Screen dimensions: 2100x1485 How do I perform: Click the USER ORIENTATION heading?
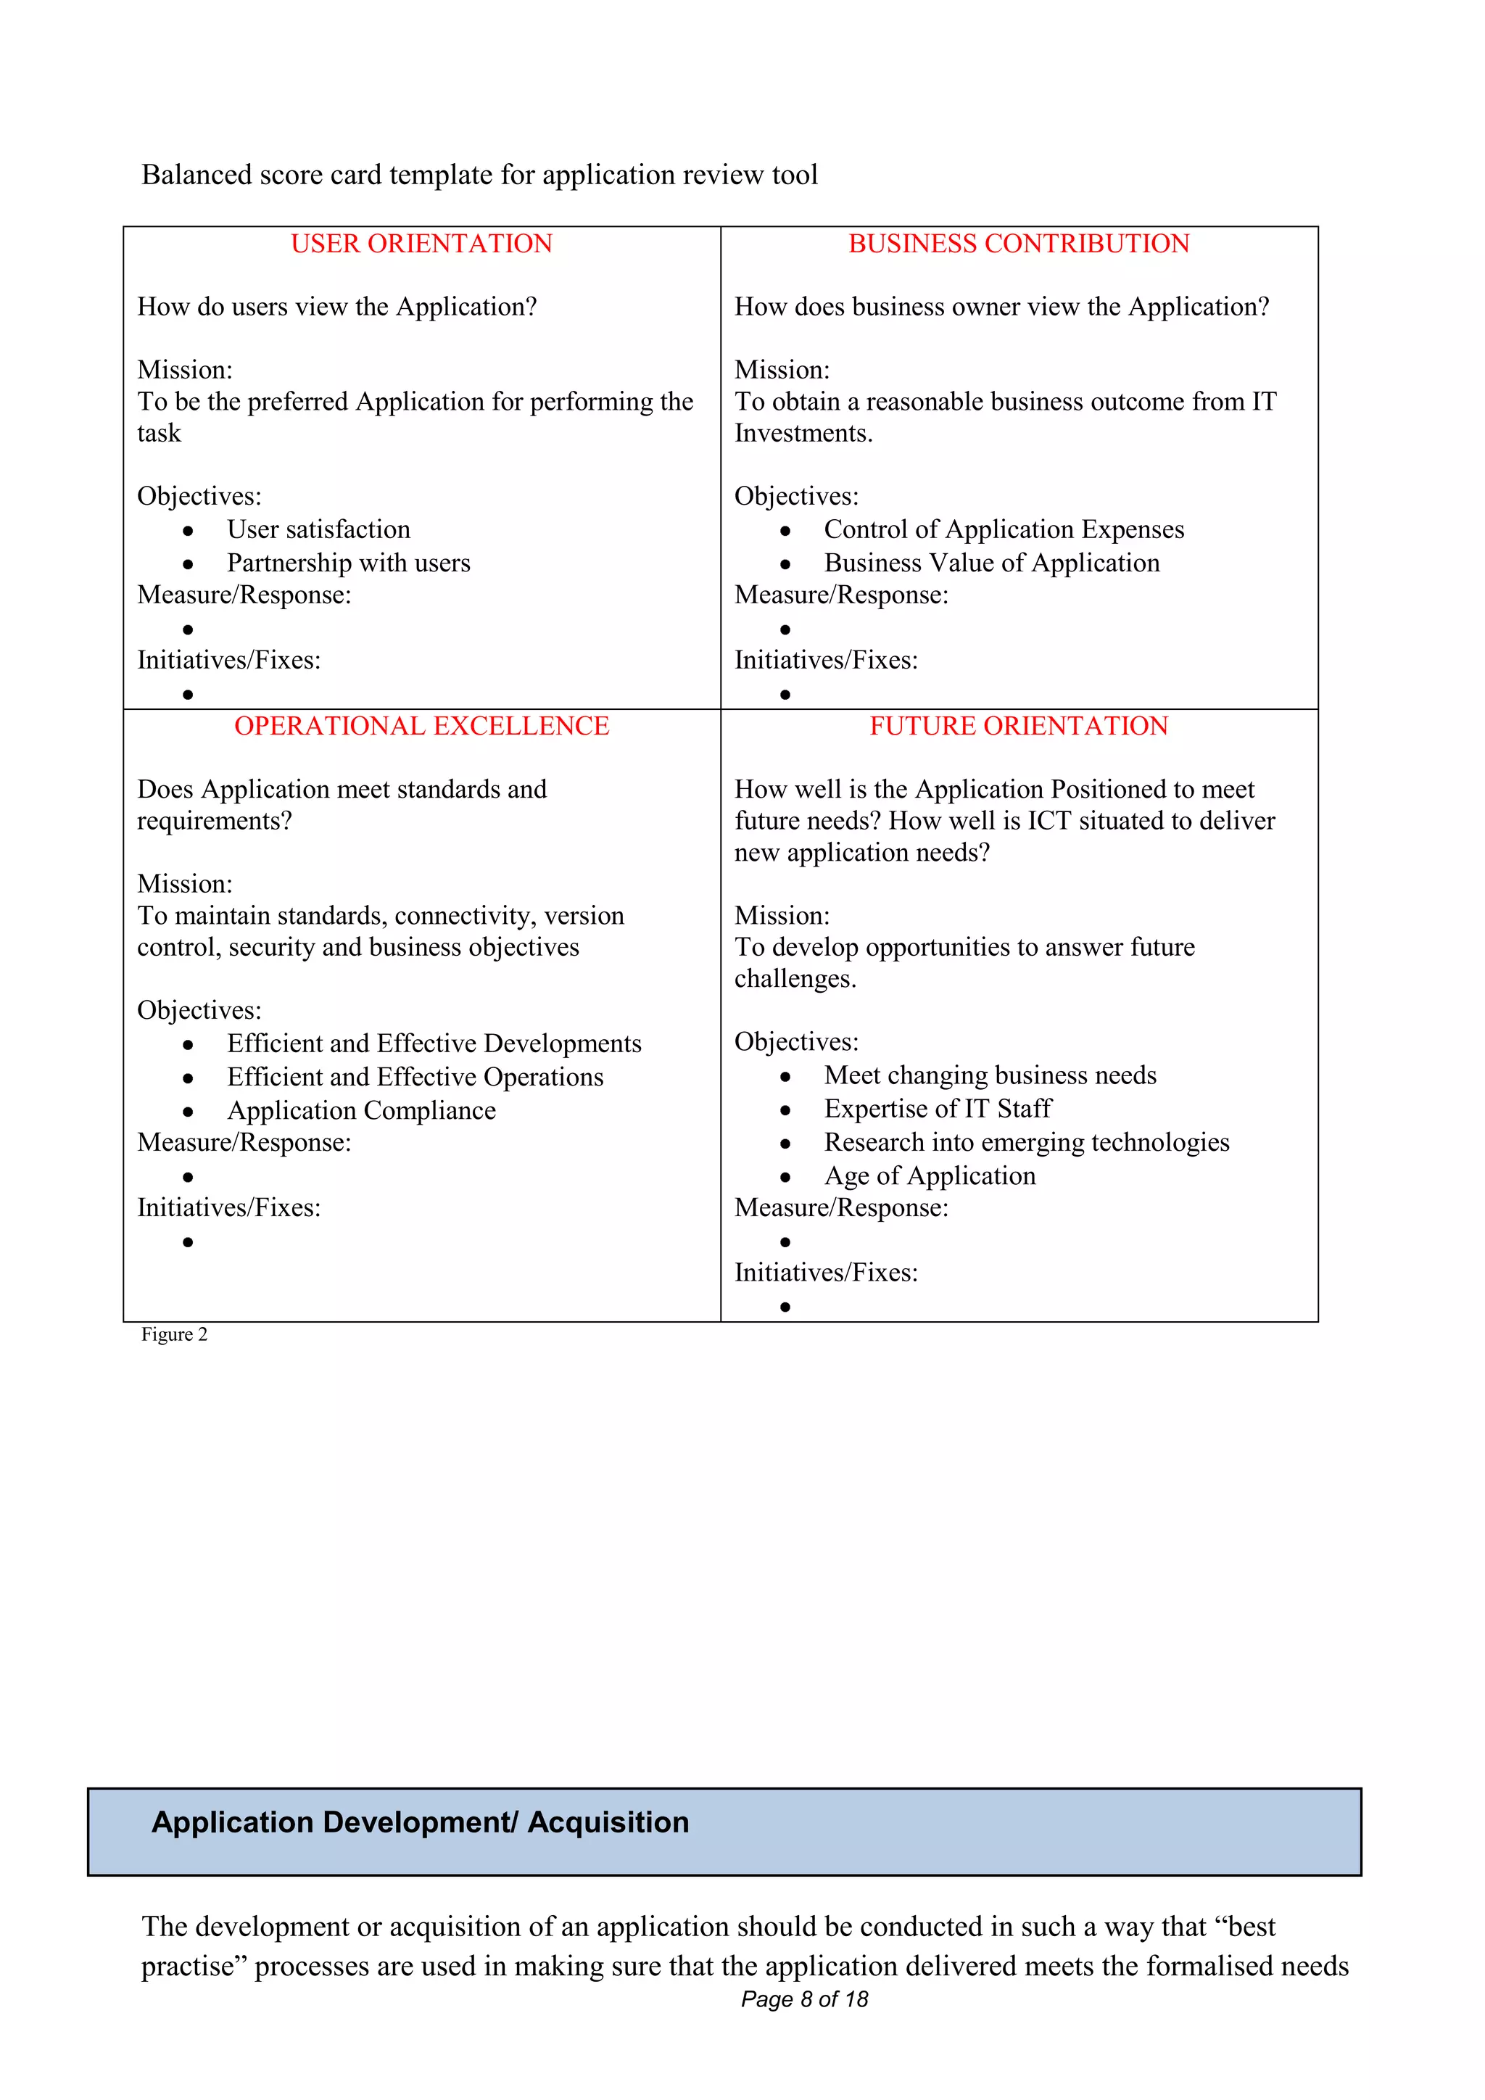(x=421, y=244)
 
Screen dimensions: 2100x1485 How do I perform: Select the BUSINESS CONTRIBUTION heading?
(x=1019, y=244)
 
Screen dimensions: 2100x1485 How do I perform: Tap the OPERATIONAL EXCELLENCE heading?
(x=421, y=726)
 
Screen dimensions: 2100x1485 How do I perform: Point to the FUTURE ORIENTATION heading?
(x=1019, y=726)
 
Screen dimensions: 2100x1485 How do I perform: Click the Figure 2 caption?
(x=174, y=1334)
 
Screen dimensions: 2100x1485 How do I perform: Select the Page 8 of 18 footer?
(x=803, y=1999)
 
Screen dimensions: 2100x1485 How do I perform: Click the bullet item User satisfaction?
(x=318, y=529)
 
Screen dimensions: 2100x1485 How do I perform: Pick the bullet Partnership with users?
(x=348, y=563)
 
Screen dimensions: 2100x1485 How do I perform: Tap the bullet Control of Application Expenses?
(x=1003, y=529)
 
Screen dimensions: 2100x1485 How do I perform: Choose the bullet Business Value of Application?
(x=991, y=563)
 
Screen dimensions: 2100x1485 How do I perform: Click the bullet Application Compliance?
(x=361, y=1110)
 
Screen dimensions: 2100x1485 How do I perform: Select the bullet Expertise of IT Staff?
(x=938, y=1109)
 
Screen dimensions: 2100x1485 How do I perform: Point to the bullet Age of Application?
(x=929, y=1175)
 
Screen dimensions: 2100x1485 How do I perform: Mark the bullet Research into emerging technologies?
(x=1026, y=1142)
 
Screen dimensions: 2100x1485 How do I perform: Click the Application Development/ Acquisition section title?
(x=420, y=1823)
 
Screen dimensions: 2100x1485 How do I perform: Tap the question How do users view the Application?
(x=336, y=307)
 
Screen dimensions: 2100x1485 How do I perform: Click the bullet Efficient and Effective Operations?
(x=415, y=1078)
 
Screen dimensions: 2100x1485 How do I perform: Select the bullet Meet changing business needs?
(x=989, y=1075)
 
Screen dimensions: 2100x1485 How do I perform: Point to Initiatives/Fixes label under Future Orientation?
(x=826, y=1273)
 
